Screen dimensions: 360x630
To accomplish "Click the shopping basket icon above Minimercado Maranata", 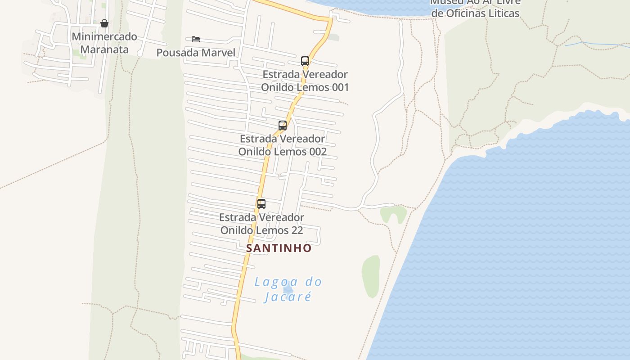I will pos(104,23).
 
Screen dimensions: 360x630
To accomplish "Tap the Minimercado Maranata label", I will pos(104,43).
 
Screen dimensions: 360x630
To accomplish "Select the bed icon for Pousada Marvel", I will pos(196,39).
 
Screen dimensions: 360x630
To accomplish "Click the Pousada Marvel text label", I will pos(196,53).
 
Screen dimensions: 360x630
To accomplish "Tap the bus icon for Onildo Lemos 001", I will pos(305,61).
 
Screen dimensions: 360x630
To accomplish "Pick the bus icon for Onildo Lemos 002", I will pos(283,126).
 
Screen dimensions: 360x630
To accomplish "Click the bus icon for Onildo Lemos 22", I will pos(261,203).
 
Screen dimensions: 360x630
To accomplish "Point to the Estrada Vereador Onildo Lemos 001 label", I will pos(305,81).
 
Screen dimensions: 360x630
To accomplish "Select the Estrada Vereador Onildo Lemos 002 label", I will pos(283,145).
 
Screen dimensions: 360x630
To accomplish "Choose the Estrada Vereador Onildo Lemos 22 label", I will pos(261,224).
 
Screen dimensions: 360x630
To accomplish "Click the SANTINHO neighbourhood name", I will pos(279,248).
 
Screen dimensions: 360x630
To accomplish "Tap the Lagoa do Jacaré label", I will pos(288,289).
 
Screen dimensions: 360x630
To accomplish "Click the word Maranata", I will pos(104,49).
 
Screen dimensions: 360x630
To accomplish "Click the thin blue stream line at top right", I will pos(594,44).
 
